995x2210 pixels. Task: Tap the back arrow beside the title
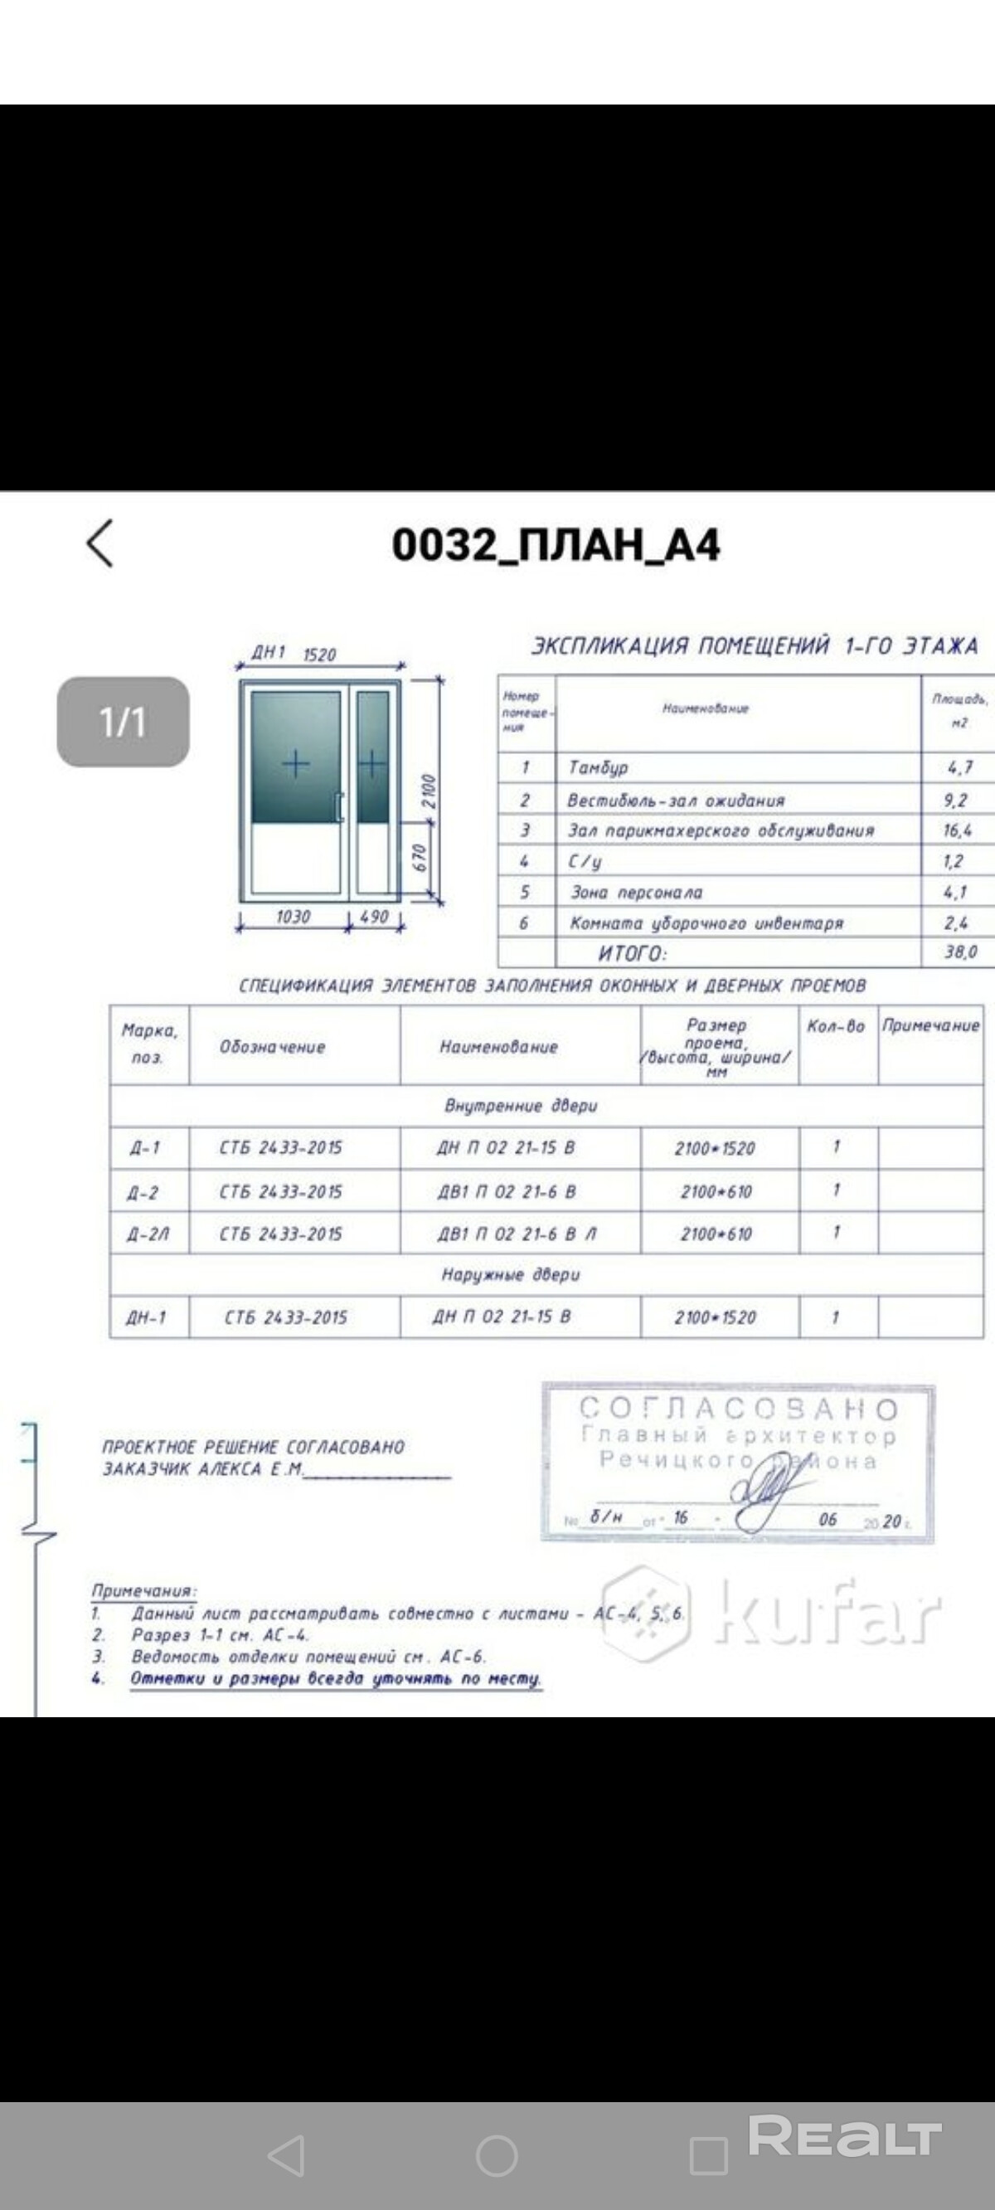(100, 543)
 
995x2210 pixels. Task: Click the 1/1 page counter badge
(123, 722)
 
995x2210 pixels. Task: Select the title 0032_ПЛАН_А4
(556, 545)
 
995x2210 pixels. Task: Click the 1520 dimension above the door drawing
(319, 655)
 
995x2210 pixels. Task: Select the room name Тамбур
(598, 767)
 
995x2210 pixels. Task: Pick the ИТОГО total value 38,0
(960, 952)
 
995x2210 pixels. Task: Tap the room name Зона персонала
(637, 893)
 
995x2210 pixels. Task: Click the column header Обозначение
(273, 1047)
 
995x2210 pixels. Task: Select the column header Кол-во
(836, 1026)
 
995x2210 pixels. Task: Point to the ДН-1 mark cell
(146, 1317)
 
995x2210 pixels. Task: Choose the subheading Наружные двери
(511, 1275)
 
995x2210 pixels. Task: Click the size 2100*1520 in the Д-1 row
(715, 1149)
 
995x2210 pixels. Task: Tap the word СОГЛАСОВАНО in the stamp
(739, 1409)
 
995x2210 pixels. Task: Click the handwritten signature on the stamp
(768, 1492)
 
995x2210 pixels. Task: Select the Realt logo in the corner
(845, 2136)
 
